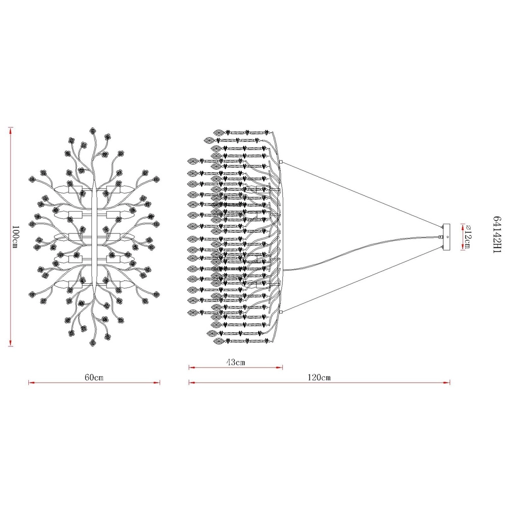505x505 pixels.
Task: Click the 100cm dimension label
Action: (x=15, y=237)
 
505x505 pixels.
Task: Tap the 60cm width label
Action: (x=94, y=377)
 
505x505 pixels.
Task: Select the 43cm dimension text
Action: (x=235, y=362)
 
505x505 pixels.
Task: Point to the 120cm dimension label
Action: (x=319, y=377)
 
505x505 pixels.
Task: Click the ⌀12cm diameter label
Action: (x=468, y=237)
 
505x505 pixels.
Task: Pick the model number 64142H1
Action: (x=497, y=235)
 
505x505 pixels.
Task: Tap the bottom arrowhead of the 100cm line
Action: (x=11, y=343)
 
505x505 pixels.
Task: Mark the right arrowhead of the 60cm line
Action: (x=157, y=383)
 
